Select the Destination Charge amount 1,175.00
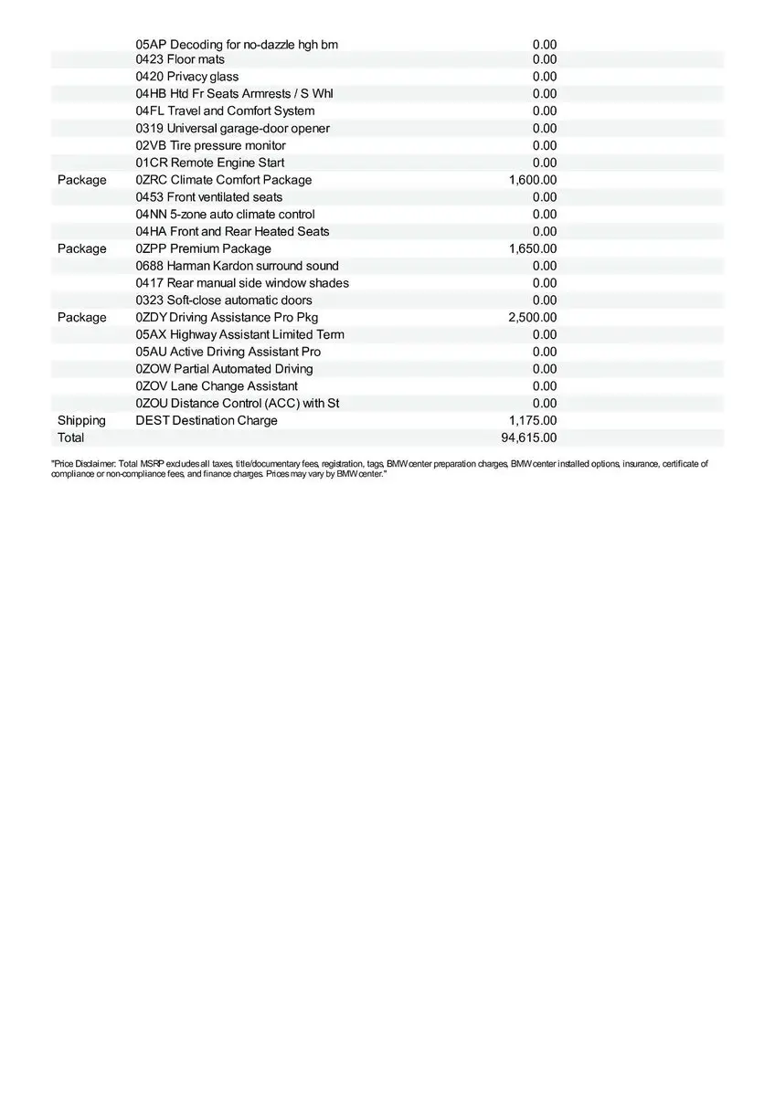pos(532,420)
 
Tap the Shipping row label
pos(81,420)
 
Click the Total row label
pos(70,437)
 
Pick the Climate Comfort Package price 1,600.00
pos(532,180)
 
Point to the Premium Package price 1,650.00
pos(532,248)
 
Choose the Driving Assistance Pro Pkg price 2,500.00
pos(532,317)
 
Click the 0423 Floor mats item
pos(180,59)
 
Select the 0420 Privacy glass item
pos(186,77)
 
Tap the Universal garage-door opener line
pos(232,128)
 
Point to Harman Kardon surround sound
pos(237,266)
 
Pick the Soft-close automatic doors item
pos(223,300)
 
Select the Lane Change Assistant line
pos(216,385)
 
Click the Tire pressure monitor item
pos(210,145)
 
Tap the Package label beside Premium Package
pos(81,248)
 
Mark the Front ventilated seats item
pos(208,197)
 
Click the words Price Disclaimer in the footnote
pos(82,464)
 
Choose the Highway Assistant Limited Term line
pos(239,334)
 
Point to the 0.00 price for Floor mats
pos(545,59)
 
